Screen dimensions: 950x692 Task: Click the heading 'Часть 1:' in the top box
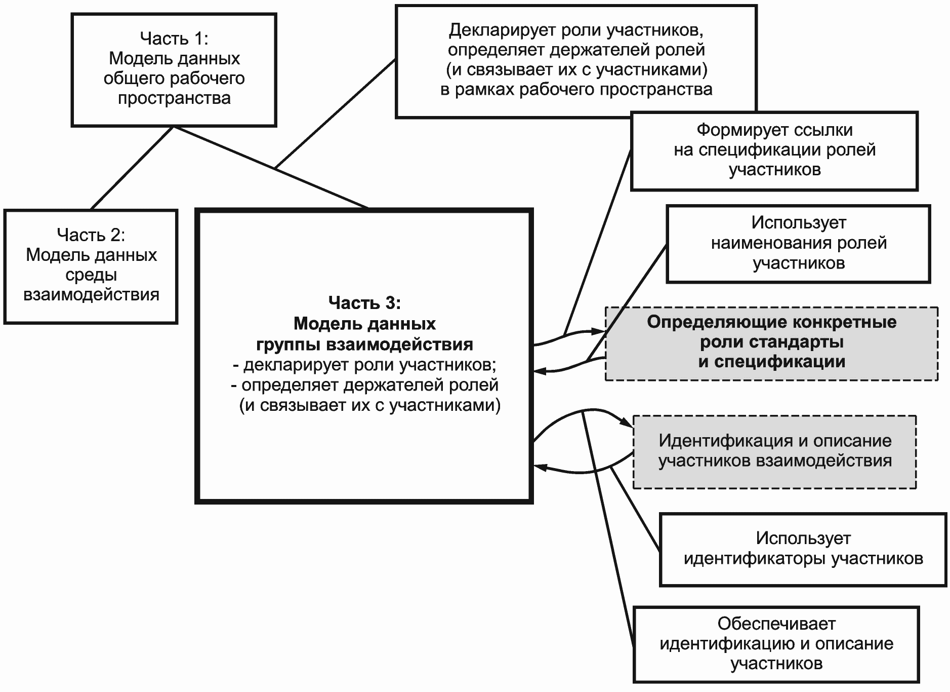(x=174, y=38)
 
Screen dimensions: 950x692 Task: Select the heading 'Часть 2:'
(x=91, y=235)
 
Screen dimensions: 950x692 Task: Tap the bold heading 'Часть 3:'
(x=364, y=302)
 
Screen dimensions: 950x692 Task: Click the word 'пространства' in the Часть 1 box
(x=174, y=98)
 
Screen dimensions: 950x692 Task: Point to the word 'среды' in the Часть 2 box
(x=91, y=275)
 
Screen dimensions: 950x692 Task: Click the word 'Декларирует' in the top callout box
(x=502, y=30)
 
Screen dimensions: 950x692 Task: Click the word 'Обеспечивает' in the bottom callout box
(x=776, y=624)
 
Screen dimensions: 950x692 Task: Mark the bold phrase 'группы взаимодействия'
(x=364, y=344)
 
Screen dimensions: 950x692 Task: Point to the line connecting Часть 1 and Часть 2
(x=132, y=168)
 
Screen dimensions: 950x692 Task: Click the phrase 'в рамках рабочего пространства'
(x=576, y=90)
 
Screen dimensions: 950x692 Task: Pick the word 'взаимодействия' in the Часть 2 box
(x=91, y=295)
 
